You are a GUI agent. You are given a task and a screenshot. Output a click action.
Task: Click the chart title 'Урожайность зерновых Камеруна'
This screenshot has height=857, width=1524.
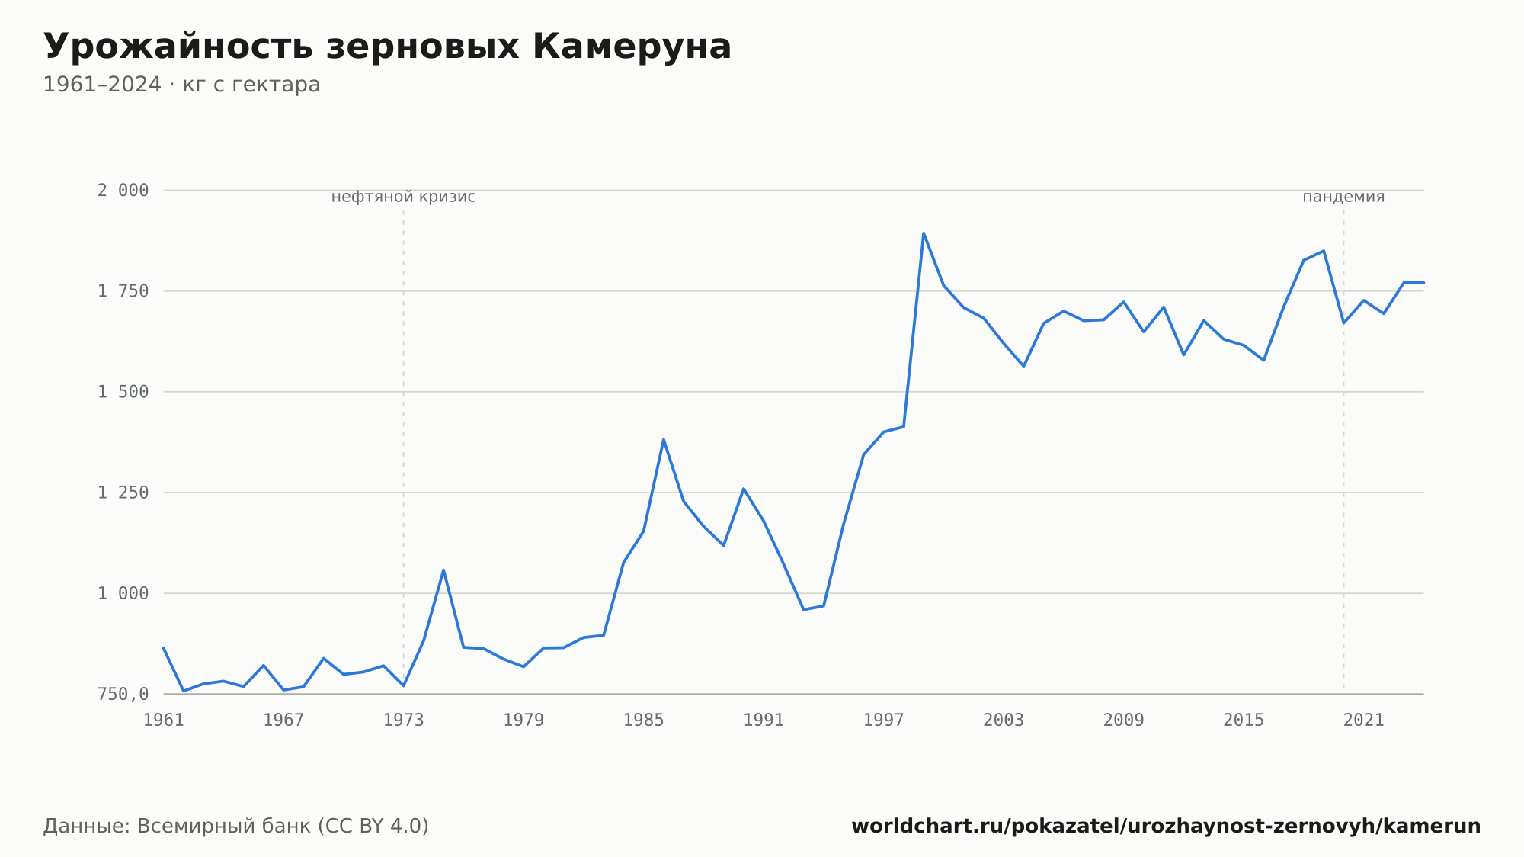[x=387, y=47]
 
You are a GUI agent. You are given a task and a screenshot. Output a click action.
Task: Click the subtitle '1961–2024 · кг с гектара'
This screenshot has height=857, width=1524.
[x=181, y=85]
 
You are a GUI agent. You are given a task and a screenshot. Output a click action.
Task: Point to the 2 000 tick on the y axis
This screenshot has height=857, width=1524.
[x=123, y=191]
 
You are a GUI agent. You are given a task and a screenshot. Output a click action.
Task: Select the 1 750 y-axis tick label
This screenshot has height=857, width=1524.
[x=123, y=291]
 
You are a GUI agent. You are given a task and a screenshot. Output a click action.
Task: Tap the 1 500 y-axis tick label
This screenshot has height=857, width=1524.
[x=123, y=392]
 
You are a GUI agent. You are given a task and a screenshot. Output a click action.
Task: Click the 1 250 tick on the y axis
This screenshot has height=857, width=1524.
[x=123, y=493]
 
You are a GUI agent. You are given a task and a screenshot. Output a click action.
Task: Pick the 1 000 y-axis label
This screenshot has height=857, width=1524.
[x=123, y=593]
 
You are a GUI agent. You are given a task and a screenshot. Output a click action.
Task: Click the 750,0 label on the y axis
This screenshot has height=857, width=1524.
[x=123, y=694]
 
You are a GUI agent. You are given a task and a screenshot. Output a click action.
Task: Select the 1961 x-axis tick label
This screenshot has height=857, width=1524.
[x=164, y=721]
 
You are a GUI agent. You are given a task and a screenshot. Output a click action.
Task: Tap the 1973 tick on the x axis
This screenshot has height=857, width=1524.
[x=404, y=721]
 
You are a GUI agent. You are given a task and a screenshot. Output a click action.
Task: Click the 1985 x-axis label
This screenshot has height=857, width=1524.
[x=644, y=721]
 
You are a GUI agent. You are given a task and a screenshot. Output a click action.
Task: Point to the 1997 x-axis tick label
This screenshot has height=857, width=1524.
[x=884, y=721]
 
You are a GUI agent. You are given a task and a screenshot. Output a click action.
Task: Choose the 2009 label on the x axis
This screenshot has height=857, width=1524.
[x=1124, y=721]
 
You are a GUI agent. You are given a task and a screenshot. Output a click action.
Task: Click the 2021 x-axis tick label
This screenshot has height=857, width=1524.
[x=1364, y=721]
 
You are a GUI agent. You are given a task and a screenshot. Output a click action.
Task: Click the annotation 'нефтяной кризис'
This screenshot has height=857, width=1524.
[x=403, y=197]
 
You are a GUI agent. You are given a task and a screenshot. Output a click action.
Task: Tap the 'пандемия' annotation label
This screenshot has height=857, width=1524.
[x=1343, y=197]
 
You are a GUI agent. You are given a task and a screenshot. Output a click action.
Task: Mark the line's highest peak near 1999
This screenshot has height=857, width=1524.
[x=924, y=233]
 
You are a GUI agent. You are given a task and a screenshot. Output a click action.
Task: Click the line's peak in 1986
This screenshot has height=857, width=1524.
[x=664, y=439]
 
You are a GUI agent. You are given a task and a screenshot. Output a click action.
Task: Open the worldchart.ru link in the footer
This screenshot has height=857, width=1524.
[x=1166, y=827]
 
